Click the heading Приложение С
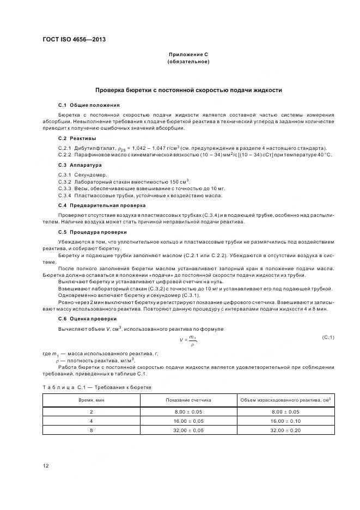(188, 55)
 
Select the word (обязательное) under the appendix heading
(188, 62)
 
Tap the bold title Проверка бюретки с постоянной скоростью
(188, 90)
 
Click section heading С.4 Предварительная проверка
(94, 205)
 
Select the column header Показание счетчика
(188, 400)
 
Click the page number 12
(46, 465)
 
